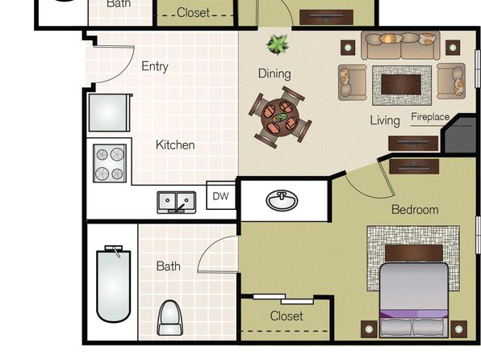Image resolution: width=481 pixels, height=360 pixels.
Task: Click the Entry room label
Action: click(155, 66)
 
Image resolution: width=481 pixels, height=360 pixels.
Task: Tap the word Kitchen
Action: click(175, 144)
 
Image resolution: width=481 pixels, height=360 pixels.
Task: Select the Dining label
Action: click(274, 73)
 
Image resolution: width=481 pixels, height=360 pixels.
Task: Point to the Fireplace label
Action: click(430, 116)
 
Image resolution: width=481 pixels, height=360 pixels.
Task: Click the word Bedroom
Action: click(415, 210)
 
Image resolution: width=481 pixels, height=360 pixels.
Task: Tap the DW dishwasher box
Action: click(220, 195)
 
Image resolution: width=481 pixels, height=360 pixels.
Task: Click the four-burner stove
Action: click(110, 163)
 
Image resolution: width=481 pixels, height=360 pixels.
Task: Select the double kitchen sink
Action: click(177, 203)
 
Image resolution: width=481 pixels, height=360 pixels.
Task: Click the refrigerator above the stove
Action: click(110, 113)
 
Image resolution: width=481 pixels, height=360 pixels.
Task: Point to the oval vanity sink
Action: click(282, 201)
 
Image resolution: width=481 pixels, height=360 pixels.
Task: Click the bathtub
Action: click(114, 284)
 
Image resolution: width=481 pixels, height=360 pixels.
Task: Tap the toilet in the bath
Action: click(170, 318)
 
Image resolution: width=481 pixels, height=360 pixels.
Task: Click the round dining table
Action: click(280, 117)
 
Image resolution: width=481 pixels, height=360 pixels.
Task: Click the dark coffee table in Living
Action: click(401, 85)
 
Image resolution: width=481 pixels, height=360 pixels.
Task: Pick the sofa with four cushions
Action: click(400, 45)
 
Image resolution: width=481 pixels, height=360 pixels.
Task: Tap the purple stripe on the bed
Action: click(413, 314)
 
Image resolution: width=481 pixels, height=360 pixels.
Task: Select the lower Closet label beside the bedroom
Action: click(287, 316)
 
